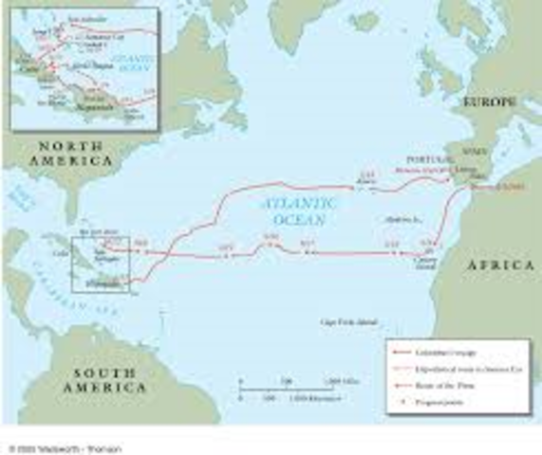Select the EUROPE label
click(491, 101)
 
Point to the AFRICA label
click(500, 267)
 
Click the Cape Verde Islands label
click(343, 321)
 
